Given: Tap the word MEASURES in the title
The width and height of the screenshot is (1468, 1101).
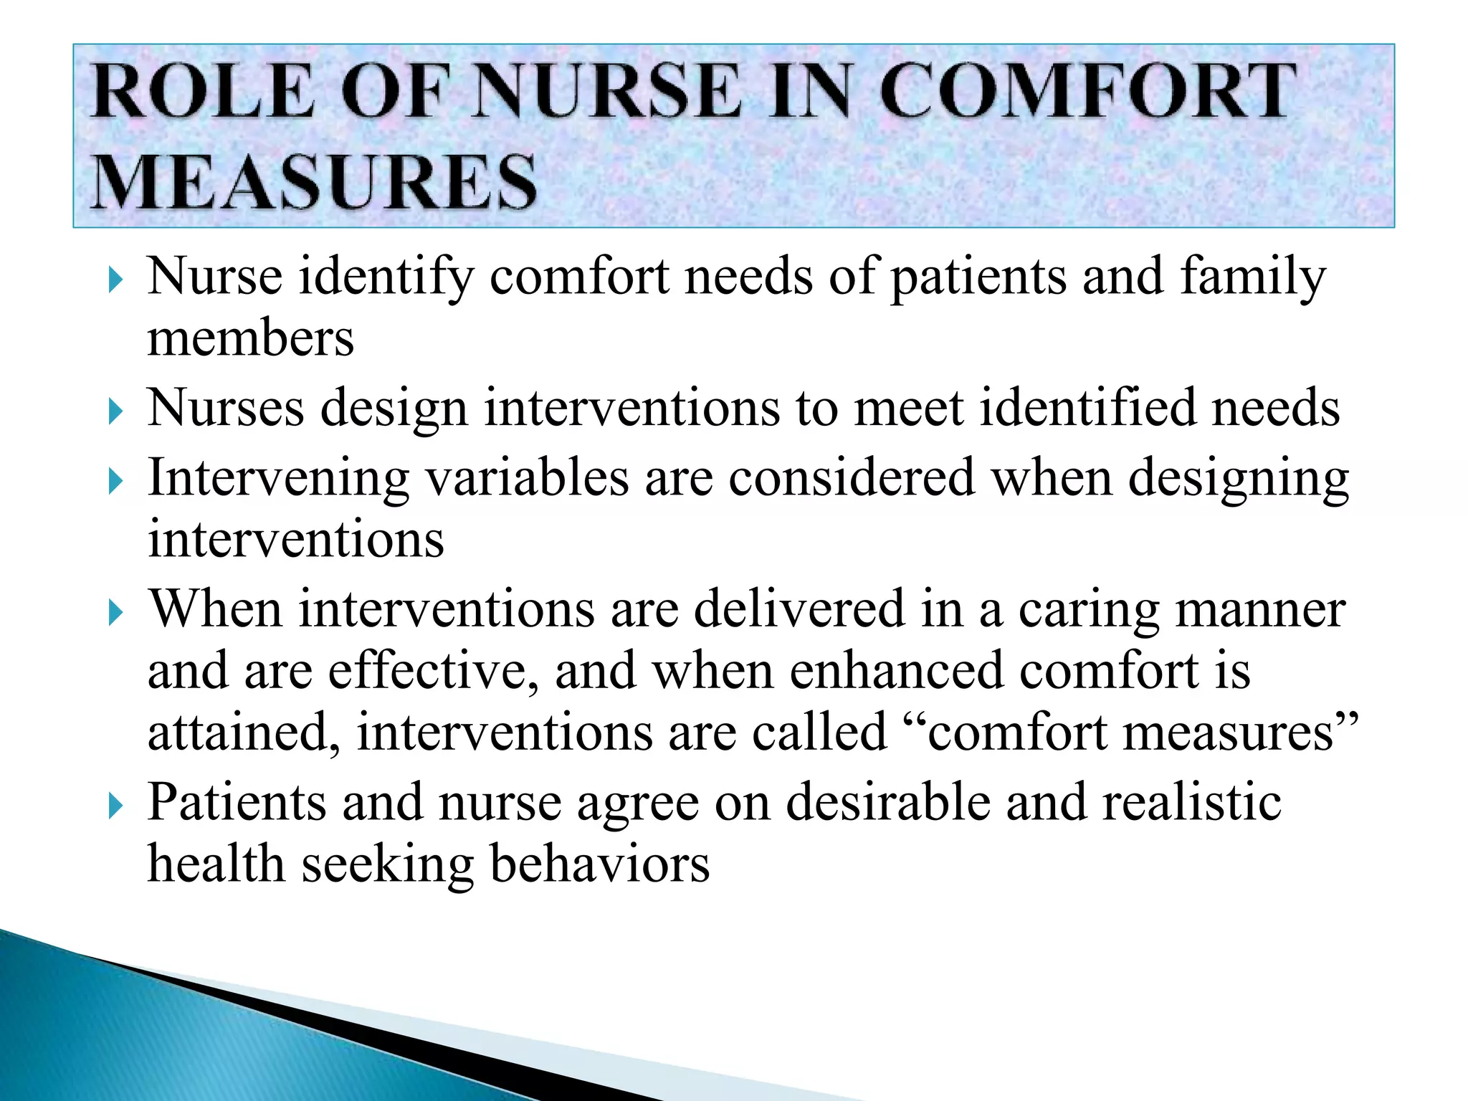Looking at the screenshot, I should pos(315,182).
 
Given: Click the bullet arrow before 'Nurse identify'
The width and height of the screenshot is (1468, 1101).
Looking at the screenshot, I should pos(115,280).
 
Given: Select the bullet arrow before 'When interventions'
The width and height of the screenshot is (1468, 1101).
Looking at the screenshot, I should pos(115,613).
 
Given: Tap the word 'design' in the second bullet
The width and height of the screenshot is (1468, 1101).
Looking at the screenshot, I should pos(394,409).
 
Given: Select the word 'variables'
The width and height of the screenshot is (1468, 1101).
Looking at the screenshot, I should pos(528,478).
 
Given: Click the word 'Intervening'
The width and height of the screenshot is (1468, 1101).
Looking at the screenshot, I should pos(278,478).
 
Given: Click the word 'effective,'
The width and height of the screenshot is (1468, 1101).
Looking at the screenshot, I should pos(433,672).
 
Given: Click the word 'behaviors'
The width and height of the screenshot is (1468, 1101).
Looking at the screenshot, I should pos(599,864).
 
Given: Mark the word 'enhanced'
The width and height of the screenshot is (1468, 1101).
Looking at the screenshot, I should pos(896,672).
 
